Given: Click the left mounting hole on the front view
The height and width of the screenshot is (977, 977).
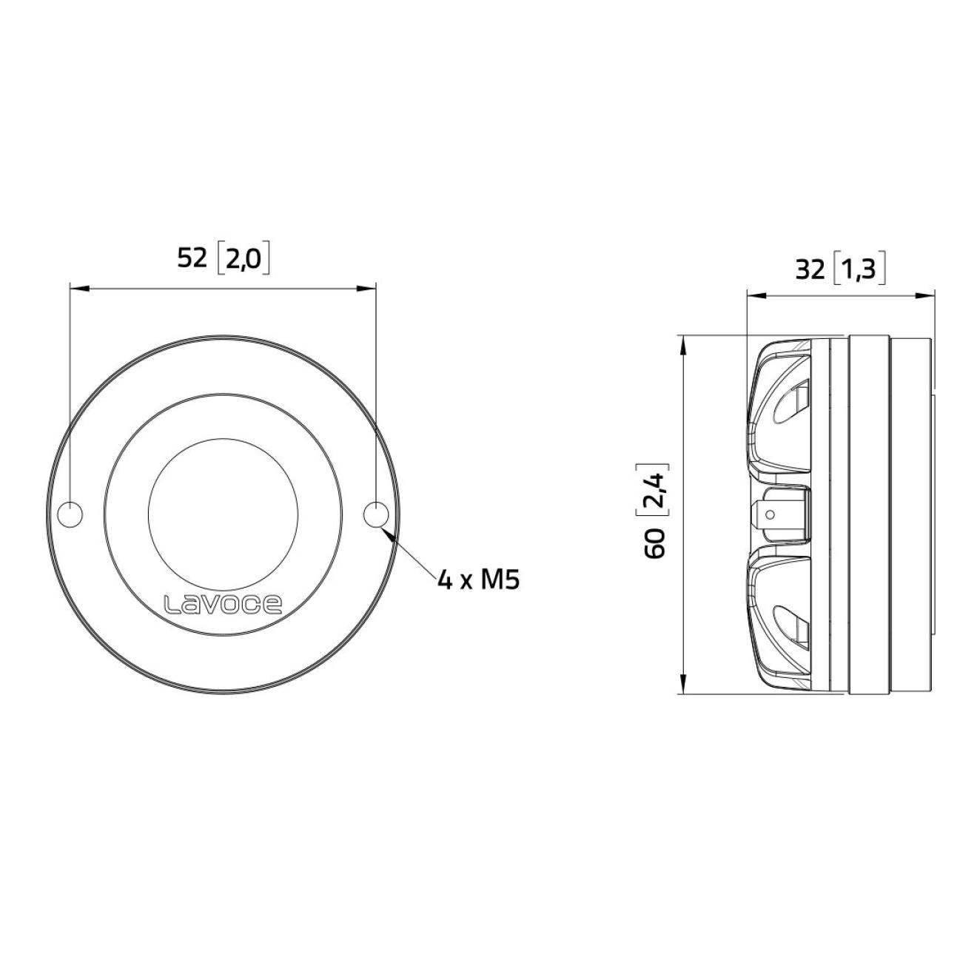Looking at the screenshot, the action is point(70,514).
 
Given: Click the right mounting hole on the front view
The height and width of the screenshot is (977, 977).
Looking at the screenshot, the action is point(376,514).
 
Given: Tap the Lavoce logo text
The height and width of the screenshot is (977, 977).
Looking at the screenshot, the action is point(223,605).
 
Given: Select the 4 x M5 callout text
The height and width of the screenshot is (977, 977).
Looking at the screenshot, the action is point(479,580).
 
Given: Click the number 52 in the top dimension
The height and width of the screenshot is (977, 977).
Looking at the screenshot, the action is point(192,259).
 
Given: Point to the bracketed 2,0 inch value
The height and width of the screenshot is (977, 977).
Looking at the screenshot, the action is point(243,260).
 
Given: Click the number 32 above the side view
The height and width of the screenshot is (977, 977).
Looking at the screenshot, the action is point(810,271).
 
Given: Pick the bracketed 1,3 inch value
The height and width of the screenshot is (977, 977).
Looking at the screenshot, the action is point(859,271).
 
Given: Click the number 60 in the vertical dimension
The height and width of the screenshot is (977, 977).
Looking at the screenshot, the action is point(655,543).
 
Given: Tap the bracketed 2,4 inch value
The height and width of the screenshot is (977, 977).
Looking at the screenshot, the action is point(655,490).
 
